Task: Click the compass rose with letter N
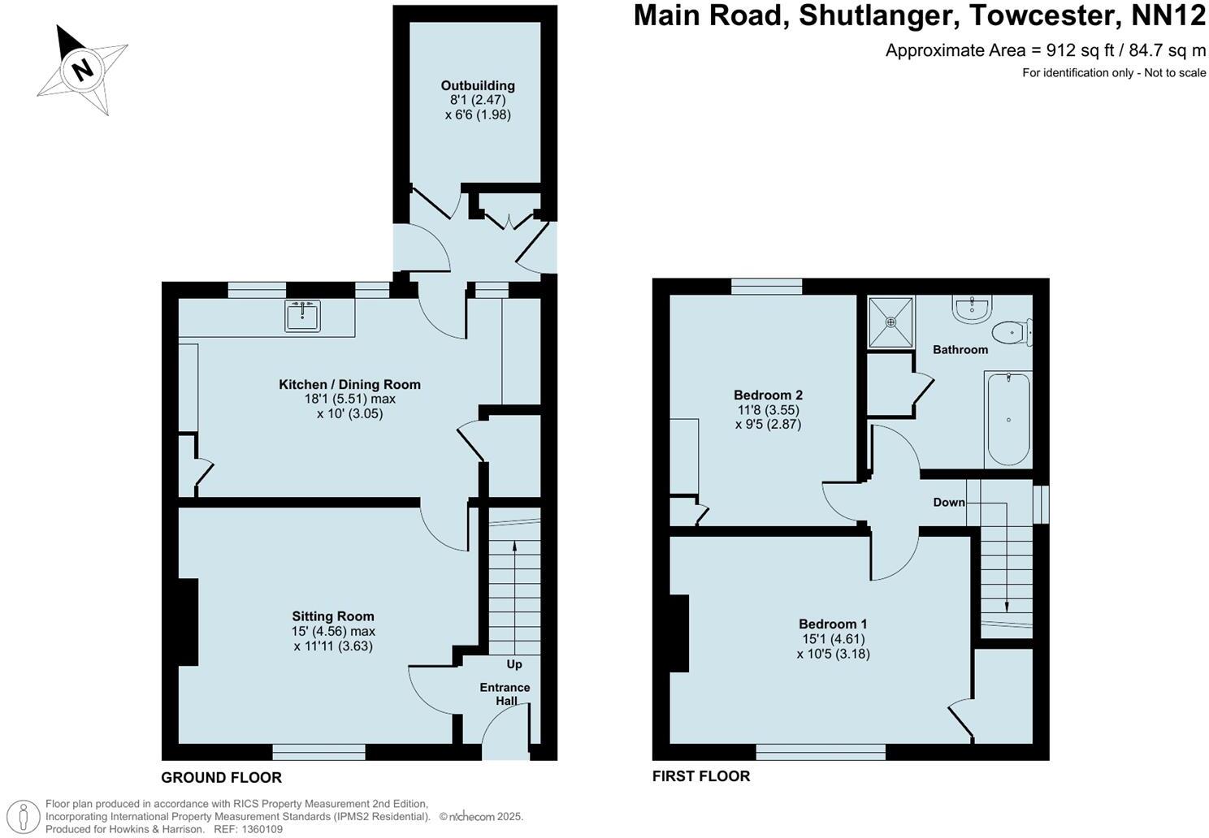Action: pyautogui.click(x=81, y=69)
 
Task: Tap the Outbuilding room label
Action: pyautogui.click(x=478, y=85)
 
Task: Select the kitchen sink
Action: pyautogui.click(x=303, y=315)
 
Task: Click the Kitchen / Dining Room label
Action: pyautogui.click(x=349, y=384)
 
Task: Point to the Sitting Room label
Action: pyautogui.click(x=333, y=616)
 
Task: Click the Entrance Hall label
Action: pyautogui.click(x=505, y=694)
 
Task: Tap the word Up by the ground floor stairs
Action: pyautogui.click(x=514, y=664)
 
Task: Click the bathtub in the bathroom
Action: pyautogui.click(x=1008, y=419)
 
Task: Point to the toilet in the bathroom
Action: pyautogui.click(x=1010, y=332)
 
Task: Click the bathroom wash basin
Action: pyautogui.click(x=971, y=308)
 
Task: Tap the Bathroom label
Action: pyautogui.click(x=960, y=350)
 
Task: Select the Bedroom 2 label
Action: pyautogui.click(x=768, y=395)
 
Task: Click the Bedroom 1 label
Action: pyautogui.click(x=833, y=624)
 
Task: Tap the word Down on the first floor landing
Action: pyautogui.click(x=948, y=503)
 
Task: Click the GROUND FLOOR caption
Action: pyautogui.click(x=221, y=777)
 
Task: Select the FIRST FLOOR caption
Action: pyautogui.click(x=701, y=775)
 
